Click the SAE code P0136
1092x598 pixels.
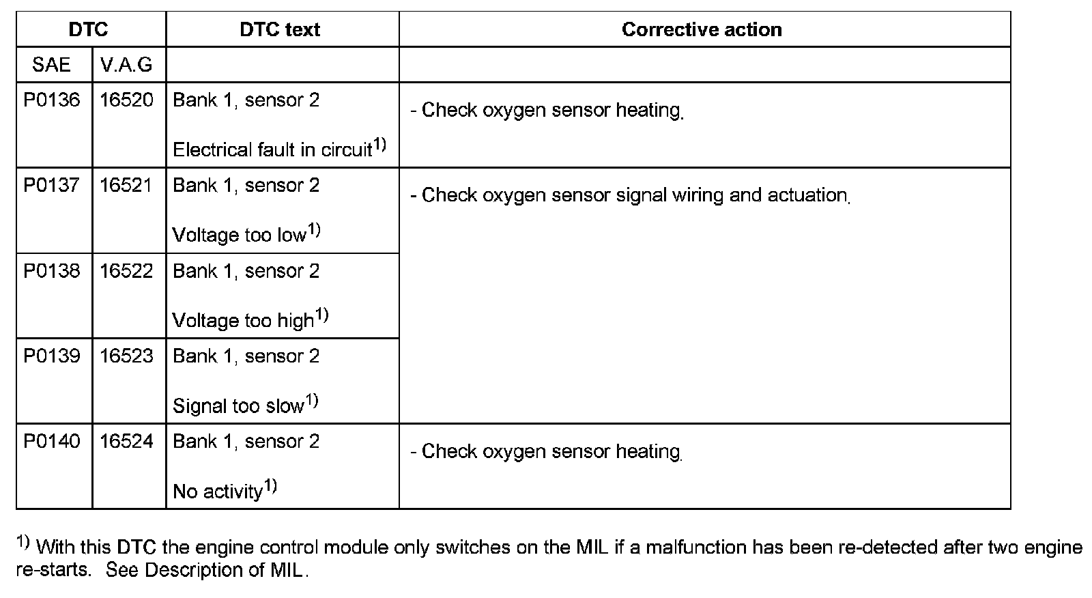point(52,100)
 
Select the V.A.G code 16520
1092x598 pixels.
point(127,100)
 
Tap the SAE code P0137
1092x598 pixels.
point(52,186)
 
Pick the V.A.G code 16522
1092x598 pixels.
point(127,271)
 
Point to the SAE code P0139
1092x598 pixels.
point(52,356)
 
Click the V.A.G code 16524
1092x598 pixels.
point(127,442)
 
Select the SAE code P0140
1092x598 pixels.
point(52,442)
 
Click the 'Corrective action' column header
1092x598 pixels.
point(702,29)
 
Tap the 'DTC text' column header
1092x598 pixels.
point(280,29)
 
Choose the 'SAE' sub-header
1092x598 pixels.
point(51,65)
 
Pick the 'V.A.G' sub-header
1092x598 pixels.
point(126,65)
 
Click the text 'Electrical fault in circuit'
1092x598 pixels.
point(272,150)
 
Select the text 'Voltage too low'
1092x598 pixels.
point(239,236)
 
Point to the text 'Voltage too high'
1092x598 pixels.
point(243,321)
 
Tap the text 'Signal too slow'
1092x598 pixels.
point(238,406)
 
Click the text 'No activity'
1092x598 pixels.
point(218,492)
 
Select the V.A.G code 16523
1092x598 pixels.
point(127,356)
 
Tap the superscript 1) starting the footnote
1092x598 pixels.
point(23,543)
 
